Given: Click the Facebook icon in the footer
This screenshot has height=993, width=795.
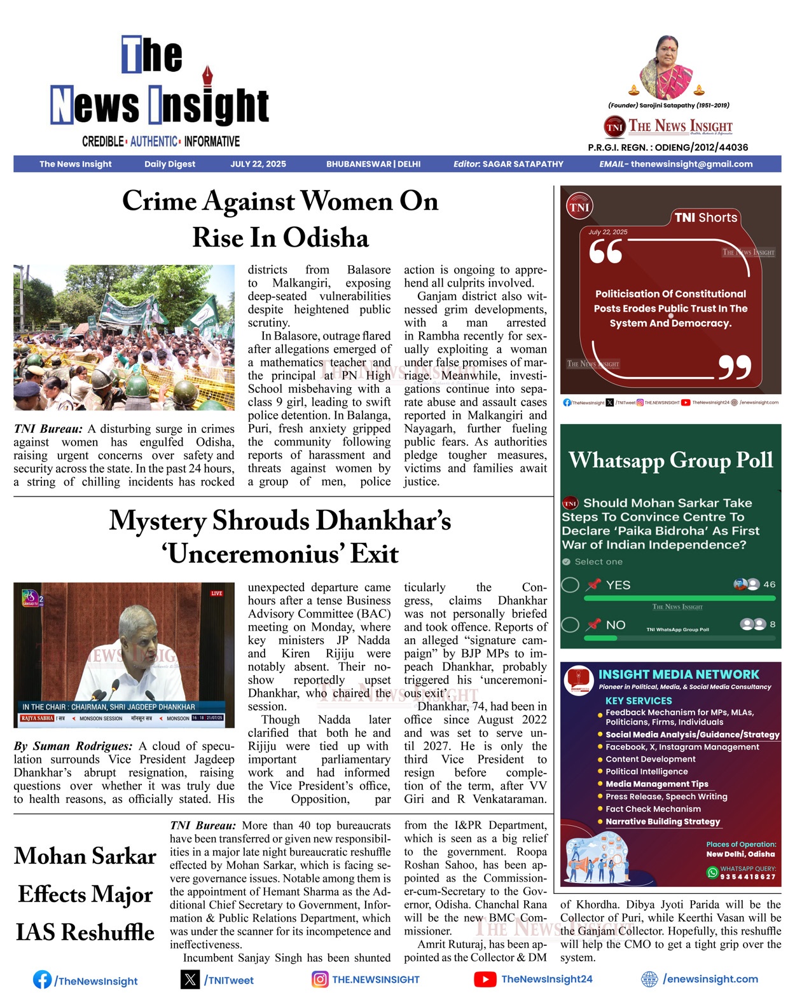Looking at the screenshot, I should coord(42,979).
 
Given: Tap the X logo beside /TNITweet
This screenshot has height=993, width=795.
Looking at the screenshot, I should coord(190,979).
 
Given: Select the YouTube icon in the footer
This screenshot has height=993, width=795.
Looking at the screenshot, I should coord(485,979).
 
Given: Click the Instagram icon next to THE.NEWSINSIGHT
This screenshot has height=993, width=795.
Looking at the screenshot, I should coord(320,979).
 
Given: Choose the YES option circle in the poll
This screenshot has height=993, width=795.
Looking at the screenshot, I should coord(570,585).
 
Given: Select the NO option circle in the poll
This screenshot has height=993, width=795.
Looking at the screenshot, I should coord(570,625).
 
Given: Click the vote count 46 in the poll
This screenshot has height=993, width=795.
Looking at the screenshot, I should coord(769,584).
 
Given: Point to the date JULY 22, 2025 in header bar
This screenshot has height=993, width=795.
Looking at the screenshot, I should coord(258,164).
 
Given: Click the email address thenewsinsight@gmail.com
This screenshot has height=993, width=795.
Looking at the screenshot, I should coord(691,164).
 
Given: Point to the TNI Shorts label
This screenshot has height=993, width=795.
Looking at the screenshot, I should coord(705,217).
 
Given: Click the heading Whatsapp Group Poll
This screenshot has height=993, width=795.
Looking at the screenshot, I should coord(670,460).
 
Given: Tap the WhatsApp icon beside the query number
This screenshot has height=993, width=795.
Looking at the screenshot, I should coord(712,872).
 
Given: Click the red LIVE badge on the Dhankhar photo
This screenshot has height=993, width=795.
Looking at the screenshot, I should coord(216,593).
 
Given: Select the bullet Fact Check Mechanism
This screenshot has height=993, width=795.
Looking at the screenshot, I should coord(653,809).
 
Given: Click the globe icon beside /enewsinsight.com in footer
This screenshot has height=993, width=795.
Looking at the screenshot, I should coord(649,979).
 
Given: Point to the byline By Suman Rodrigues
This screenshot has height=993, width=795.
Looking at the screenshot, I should coord(73,746).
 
